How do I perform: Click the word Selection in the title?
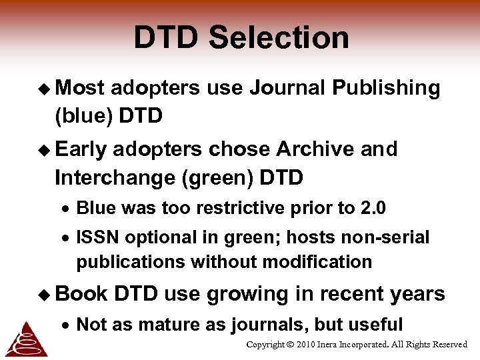279,38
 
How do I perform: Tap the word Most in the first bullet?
80,88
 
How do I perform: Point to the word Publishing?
386,88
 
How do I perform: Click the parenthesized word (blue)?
83,116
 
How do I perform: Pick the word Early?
81,149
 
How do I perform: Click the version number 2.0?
373,208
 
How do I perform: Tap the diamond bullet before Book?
47,294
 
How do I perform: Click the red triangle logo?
25,339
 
